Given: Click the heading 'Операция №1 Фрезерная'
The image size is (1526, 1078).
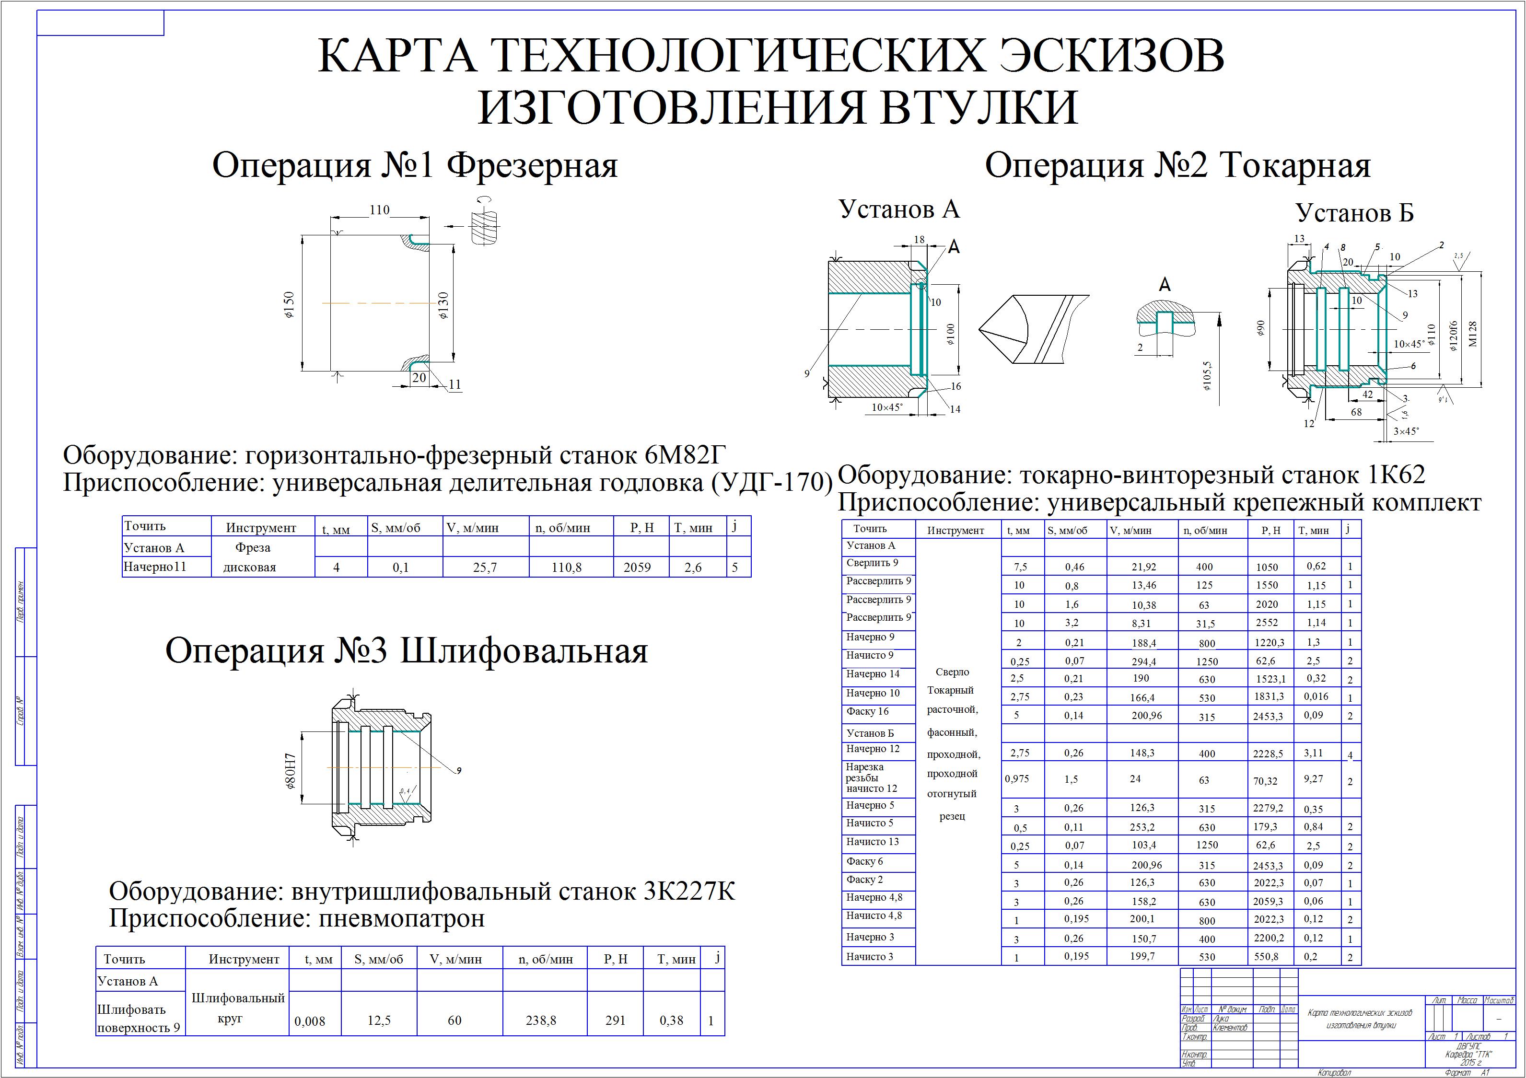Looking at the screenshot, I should click(x=415, y=165).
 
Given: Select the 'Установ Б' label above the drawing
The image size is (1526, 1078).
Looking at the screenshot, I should click(x=1354, y=213).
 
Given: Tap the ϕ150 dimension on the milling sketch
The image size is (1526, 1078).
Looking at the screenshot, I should click(x=289, y=305).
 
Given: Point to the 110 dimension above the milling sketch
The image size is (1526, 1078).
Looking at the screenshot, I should click(x=380, y=210).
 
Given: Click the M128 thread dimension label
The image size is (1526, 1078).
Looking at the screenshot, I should click(x=1473, y=334).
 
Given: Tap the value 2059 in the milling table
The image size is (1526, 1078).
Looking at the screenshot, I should click(x=637, y=568).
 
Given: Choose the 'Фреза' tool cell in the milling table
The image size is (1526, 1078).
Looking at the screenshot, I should click(x=253, y=548).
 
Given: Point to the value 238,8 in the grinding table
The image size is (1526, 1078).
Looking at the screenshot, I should click(x=541, y=1020).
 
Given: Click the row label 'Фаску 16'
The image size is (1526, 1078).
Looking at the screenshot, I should click(x=867, y=711).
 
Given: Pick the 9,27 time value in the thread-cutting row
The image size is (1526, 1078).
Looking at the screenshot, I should click(x=1313, y=779).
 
